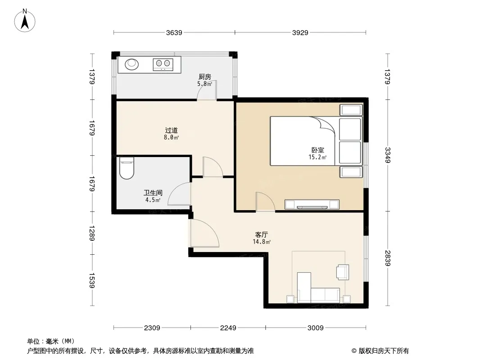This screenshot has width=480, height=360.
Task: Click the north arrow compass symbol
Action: pos(25,21)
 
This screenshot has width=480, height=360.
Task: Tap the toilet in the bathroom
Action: pos(127,168)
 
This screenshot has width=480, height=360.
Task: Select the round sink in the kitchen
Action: pos(131,64)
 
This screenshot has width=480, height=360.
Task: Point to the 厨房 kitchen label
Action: pos(204,77)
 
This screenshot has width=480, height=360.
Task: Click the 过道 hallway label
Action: pos(172,130)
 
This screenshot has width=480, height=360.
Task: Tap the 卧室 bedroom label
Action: pos(318,150)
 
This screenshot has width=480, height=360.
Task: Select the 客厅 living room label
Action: pos(262,234)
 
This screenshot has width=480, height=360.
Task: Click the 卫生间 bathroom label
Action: pos(153,193)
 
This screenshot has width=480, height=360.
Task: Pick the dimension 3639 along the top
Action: pos(174,32)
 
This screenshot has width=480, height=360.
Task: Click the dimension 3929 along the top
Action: pos(300,32)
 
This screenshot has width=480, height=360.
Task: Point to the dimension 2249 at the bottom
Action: pos(228,328)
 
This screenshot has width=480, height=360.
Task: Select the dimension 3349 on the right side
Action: pos(388,155)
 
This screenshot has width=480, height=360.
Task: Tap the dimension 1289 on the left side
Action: pos(92,233)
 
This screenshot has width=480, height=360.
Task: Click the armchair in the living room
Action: pos(343,272)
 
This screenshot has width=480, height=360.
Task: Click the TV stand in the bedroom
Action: pos(312,204)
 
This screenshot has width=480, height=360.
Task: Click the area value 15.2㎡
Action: pos(317,157)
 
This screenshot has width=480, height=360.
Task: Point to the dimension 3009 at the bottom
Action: pos(316,328)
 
